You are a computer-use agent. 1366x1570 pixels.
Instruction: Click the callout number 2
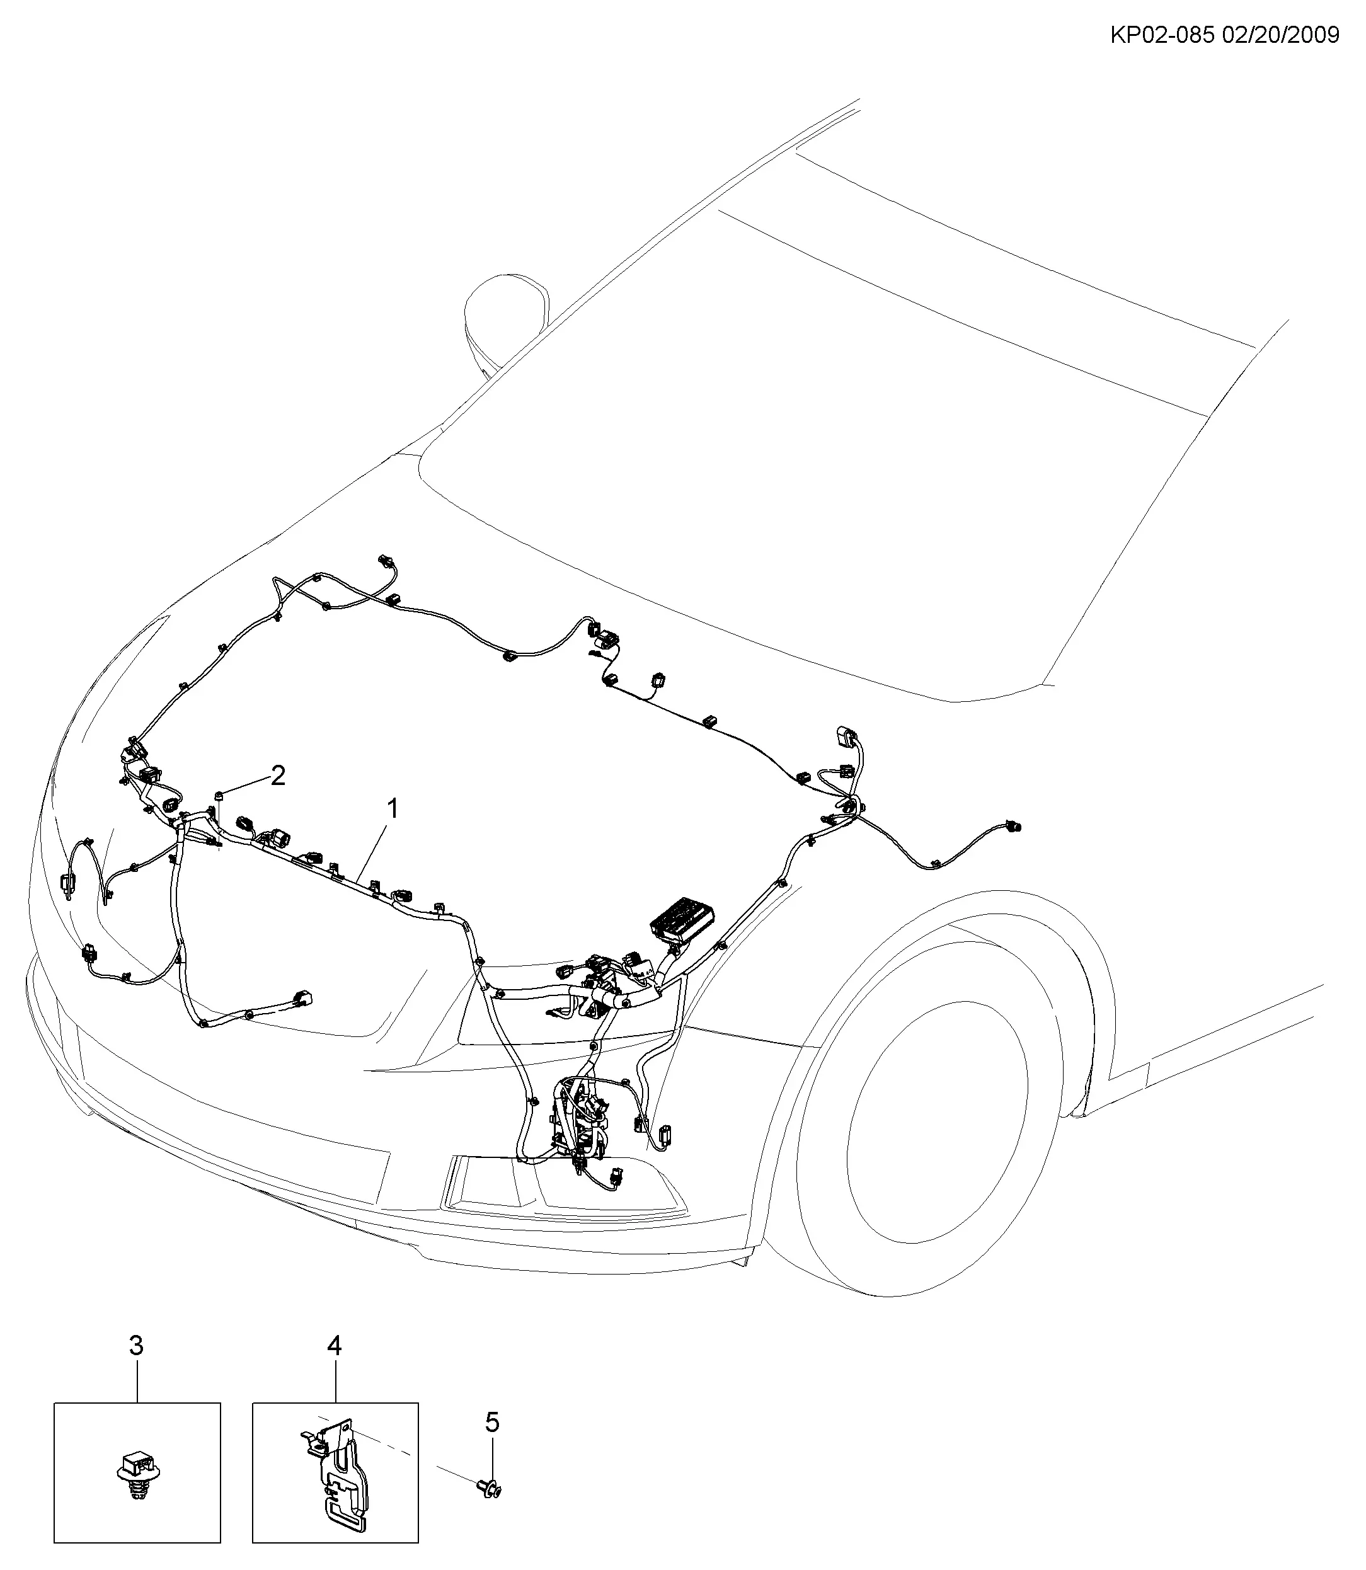[278, 776]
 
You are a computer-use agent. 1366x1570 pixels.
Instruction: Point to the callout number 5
[493, 1422]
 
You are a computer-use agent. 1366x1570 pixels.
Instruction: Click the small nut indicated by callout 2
[219, 796]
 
